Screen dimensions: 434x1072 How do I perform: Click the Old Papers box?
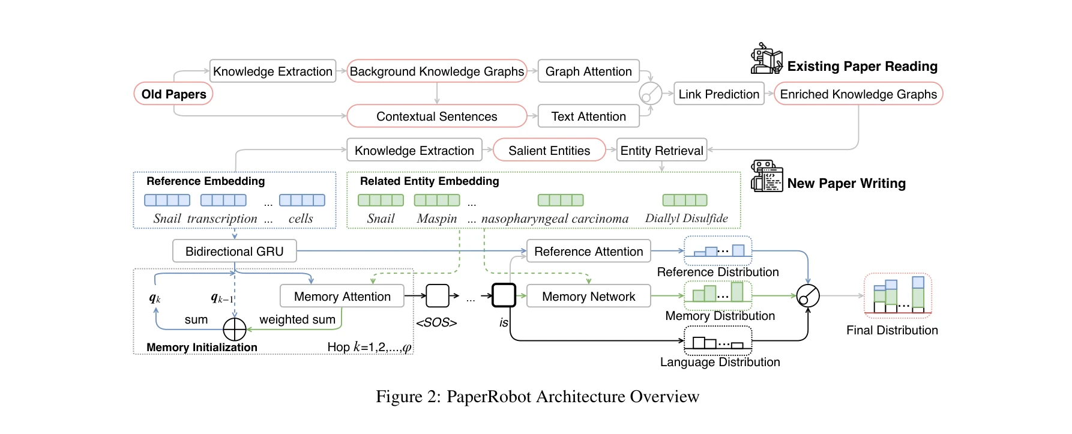pos(173,94)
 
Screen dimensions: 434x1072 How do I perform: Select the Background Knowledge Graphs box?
pos(436,71)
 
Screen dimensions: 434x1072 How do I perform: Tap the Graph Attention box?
pos(588,71)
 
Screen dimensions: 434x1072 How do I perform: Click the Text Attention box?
pos(588,116)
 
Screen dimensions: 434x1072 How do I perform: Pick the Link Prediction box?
pos(718,94)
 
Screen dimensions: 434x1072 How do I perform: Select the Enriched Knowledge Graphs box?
pos(858,94)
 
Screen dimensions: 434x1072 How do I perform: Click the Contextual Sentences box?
pos(436,116)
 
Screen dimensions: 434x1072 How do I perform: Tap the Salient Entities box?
pos(549,151)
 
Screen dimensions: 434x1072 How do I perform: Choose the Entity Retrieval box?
pos(661,151)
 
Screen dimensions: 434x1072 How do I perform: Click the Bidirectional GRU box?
pos(234,252)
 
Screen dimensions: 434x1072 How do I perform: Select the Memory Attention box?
pos(342,297)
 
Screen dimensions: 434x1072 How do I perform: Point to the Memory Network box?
pos(588,297)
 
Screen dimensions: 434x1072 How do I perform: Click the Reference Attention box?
pos(588,252)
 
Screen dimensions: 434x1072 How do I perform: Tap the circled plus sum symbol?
pos(235,329)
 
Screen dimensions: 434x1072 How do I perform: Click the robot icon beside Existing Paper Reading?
pos(766,59)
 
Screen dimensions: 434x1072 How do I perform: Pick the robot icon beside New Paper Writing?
pos(766,176)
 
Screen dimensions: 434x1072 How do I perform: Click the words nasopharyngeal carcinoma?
pos(555,219)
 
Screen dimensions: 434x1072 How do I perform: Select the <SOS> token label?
pos(436,323)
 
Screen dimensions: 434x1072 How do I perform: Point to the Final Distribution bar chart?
pos(897,295)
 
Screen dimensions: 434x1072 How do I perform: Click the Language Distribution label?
pos(720,362)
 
